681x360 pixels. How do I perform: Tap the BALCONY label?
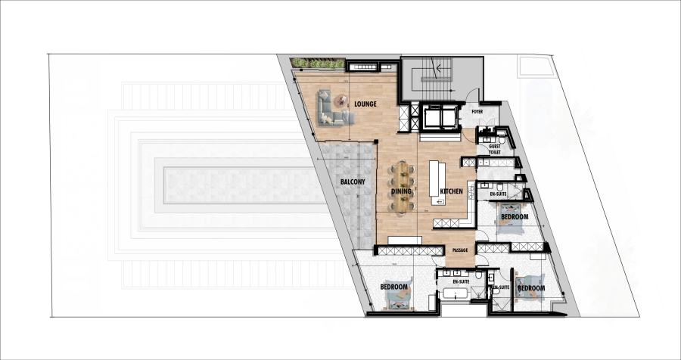pyautogui.click(x=352, y=182)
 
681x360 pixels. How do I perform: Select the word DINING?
pyautogui.click(x=402, y=191)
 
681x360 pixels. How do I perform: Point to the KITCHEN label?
pyautogui.click(x=451, y=191)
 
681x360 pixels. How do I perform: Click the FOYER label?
pyautogui.click(x=477, y=112)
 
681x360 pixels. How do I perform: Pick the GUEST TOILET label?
pyautogui.click(x=495, y=150)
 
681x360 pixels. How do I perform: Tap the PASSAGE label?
pyautogui.click(x=460, y=250)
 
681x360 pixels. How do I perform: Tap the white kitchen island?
pyautogui.click(x=436, y=182)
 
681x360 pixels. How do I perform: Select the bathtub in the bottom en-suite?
pyautogui.click(x=455, y=293)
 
